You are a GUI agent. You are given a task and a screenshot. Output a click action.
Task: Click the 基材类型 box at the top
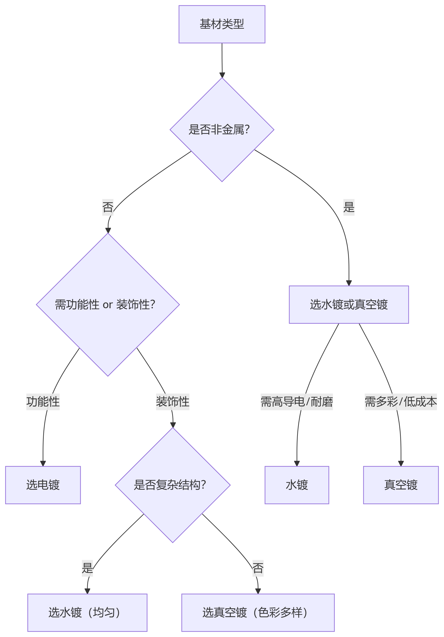point(222,24)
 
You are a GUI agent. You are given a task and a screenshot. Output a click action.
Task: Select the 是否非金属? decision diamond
point(222,129)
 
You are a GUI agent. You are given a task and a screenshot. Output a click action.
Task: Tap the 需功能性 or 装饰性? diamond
point(108,305)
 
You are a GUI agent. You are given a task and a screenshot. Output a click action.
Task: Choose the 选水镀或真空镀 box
point(349,305)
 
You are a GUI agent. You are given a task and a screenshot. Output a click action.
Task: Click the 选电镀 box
point(43,485)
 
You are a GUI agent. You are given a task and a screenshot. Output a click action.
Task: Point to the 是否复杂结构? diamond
point(173,485)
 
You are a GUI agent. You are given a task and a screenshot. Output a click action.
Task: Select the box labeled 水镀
point(297,485)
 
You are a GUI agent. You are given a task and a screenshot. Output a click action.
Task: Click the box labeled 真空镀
point(401,485)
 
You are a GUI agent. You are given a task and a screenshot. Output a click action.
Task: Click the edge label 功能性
point(43,402)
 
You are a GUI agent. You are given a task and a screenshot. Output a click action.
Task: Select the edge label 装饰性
point(173,402)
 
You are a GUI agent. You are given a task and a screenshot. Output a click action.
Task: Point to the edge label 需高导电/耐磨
point(297,402)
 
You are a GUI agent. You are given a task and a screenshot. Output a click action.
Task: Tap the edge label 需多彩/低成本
point(401,402)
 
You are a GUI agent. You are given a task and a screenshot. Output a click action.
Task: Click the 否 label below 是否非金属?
point(108,207)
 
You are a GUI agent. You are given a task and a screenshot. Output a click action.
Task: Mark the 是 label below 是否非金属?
point(349,207)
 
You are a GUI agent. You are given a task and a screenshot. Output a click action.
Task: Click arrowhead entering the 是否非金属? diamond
point(222,75)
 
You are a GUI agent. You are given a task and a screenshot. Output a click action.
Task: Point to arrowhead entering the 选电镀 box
point(43,464)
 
